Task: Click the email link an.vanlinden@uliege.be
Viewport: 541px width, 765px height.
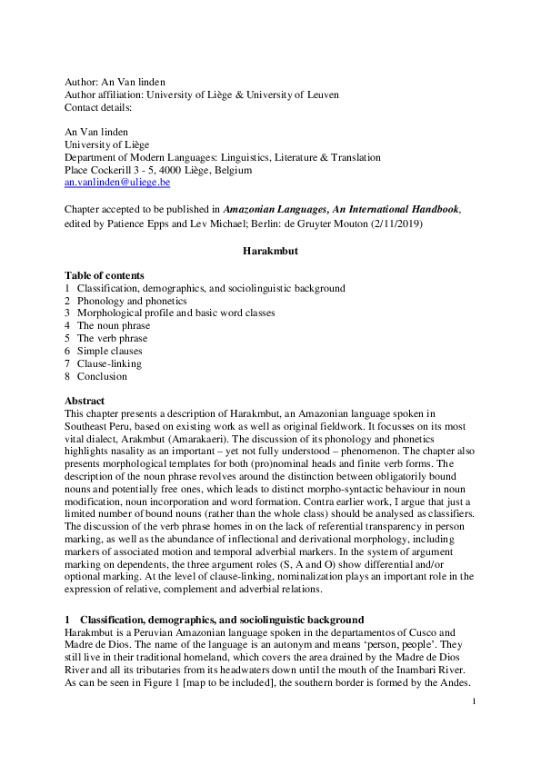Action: point(117,183)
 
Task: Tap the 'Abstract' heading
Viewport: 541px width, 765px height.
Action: point(85,401)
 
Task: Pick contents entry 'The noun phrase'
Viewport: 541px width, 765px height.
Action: point(114,325)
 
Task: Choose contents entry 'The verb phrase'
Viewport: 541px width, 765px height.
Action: point(113,338)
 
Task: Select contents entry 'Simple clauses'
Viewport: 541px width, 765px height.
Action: point(109,351)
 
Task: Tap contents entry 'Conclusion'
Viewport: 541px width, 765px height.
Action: point(102,376)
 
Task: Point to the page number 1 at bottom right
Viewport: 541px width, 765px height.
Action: point(474,702)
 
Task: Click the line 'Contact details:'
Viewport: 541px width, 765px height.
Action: point(98,107)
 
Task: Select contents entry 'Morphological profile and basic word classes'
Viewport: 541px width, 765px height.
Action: point(175,313)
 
